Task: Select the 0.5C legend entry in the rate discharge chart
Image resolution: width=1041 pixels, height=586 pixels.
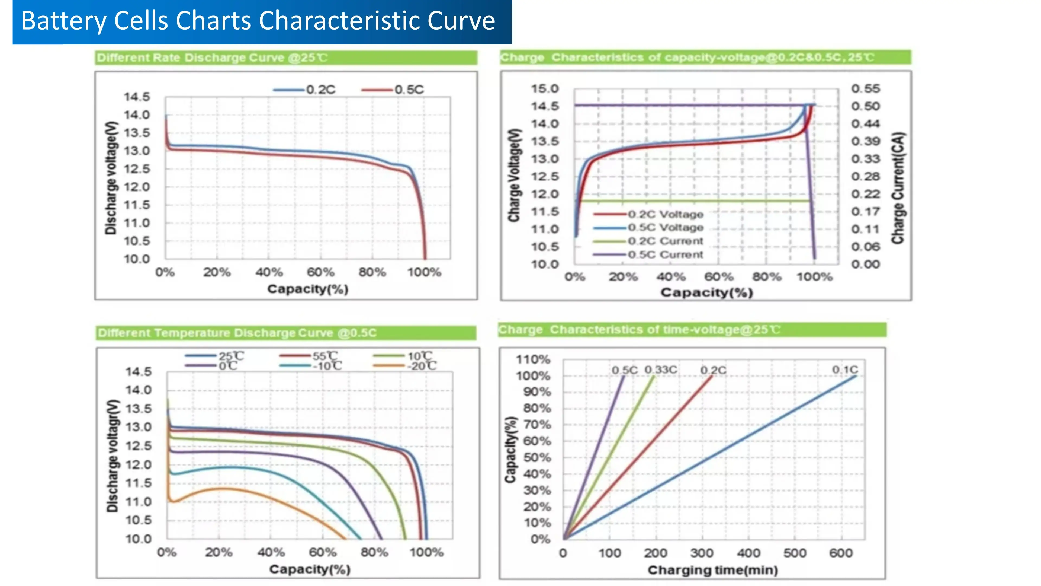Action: pyautogui.click(x=409, y=89)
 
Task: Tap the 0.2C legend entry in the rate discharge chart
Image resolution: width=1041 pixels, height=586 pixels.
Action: pyautogui.click(x=320, y=89)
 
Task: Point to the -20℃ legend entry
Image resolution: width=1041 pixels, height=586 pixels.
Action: pyautogui.click(x=422, y=366)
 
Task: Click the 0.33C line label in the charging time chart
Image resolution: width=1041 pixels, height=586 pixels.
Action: pyautogui.click(x=661, y=370)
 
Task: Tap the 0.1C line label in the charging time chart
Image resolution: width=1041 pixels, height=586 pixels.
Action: pyautogui.click(x=845, y=370)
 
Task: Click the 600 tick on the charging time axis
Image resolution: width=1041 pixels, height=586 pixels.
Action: pyautogui.click(x=841, y=553)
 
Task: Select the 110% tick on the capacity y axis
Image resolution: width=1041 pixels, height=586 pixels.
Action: pyautogui.click(x=533, y=359)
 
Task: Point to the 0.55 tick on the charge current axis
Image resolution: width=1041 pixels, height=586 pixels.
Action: pyautogui.click(x=865, y=88)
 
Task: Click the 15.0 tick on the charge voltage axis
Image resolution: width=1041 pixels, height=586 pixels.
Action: pyautogui.click(x=544, y=88)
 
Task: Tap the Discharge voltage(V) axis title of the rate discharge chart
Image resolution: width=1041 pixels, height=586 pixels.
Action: pyautogui.click(x=111, y=178)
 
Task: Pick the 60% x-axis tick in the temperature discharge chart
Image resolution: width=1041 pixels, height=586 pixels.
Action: pyautogui.click(x=323, y=552)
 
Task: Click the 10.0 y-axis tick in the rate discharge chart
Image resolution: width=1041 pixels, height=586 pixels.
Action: pyautogui.click(x=137, y=259)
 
